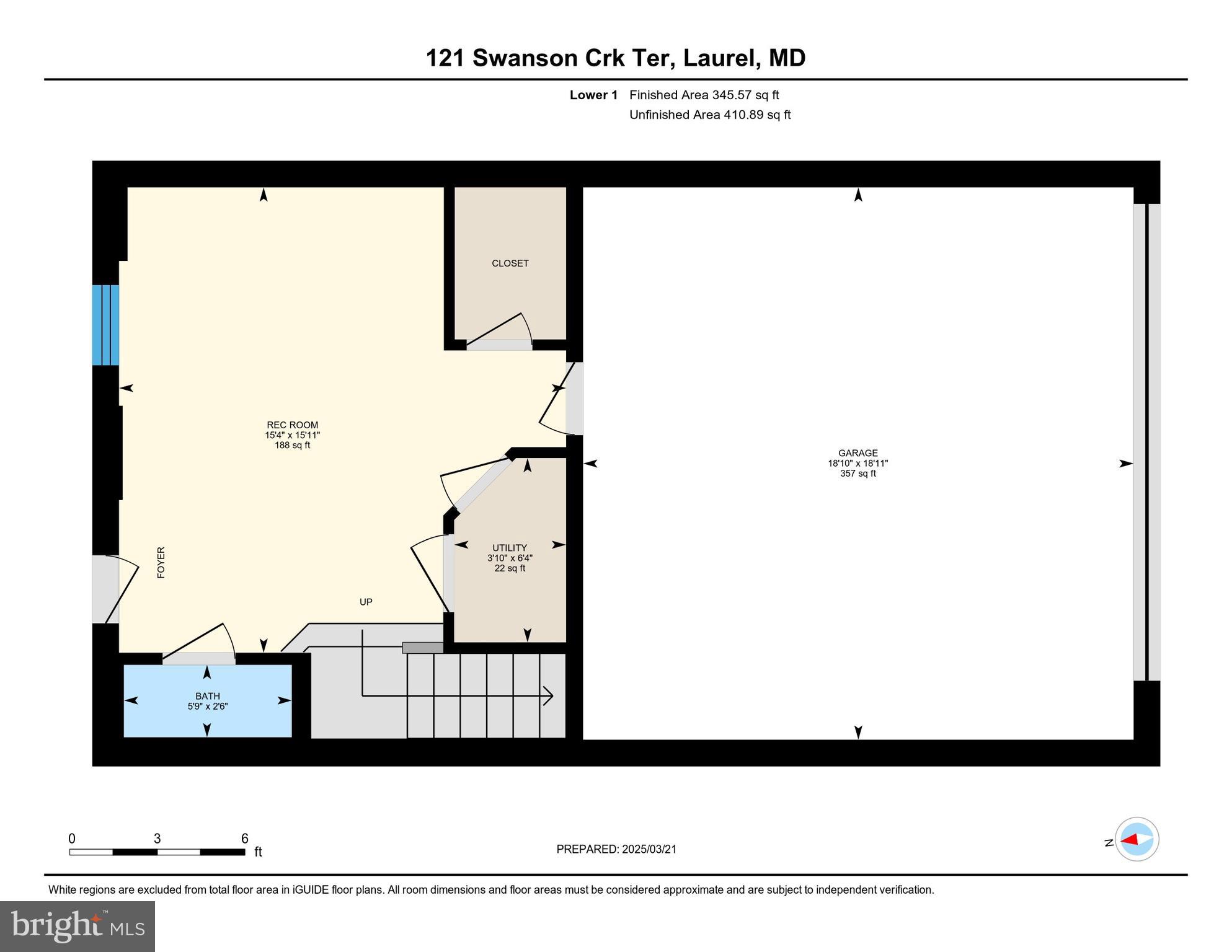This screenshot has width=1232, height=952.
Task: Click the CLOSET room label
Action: coord(510,263)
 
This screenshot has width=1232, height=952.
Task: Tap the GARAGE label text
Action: coord(858,453)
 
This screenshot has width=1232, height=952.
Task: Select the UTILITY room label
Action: coord(509,548)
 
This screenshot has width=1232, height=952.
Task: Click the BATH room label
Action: coord(208,696)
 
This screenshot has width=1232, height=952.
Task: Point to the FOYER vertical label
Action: coord(161,562)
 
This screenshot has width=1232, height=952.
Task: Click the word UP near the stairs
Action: coord(366,602)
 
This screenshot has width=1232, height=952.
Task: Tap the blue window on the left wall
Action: coord(105,325)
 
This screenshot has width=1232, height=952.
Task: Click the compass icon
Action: coord(1137,839)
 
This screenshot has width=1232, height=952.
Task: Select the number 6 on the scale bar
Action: coord(245,839)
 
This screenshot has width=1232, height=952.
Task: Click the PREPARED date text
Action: coord(616,849)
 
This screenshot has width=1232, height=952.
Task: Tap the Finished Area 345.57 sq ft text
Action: coord(704,95)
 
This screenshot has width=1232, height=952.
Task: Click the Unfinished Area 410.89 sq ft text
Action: coord(709,115)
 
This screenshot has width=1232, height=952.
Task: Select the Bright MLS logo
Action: coord(78,926)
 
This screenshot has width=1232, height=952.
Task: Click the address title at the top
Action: coord(615,58)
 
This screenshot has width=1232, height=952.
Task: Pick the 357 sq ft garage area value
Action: coord(858,474)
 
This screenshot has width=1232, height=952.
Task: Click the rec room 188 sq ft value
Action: coord(292,445)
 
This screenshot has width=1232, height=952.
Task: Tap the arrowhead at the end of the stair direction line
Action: coord(549,695)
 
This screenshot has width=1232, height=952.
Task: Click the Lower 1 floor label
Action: coord(593,95)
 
